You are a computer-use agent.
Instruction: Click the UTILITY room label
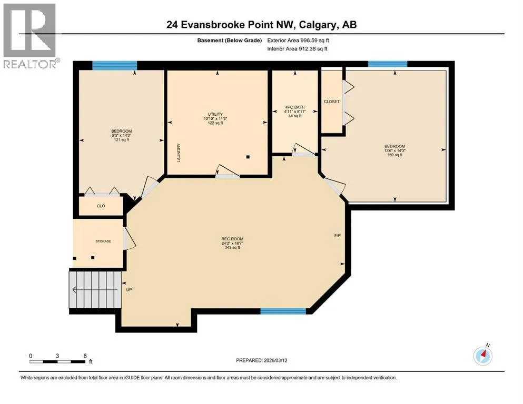coord(215,114)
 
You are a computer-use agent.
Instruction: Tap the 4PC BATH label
coord(295,107)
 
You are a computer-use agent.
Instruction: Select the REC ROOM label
coord(232,239)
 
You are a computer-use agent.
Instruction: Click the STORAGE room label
coord(103,241)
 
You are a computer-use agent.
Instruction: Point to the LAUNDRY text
coord(179,153)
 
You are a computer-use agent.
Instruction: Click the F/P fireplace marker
coord(338,236)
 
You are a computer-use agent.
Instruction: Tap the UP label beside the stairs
coord(129,290)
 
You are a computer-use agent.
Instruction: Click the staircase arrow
coord(95,290)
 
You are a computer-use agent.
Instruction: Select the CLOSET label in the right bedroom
coord(331,102)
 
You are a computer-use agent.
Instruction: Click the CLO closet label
coord(101,206)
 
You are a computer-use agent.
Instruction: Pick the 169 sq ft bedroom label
coord(395,150)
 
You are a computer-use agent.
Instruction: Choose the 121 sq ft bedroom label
coord(122,136)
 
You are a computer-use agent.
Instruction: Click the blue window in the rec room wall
coord(283,311)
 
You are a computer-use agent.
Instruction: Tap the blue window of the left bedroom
coord(114,65)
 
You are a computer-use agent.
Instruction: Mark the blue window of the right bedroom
coord(388,64)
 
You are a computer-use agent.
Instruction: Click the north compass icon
coord(482,355)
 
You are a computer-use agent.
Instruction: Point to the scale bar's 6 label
coord(85,356)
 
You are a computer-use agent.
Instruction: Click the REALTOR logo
coord(31,36)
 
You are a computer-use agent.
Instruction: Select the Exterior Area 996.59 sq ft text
coord(298,41)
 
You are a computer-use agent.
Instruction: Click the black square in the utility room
coord(248,157)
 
